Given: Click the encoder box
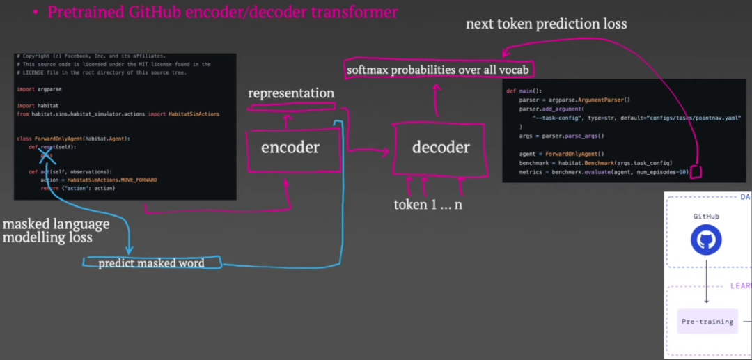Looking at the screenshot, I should pyautogui.click(x=290, y=147).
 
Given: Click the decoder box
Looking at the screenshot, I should pyautogui.click(x=440, y=147).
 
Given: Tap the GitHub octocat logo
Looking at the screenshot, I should pyautogui.click(x=706, y=240).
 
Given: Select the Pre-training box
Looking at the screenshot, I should pyautogui.click(x=707, y=322).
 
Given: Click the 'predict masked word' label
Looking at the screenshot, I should pyautogui.click(x=151, y=263).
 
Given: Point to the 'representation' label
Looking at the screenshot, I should pyautogui.click(x=291, y=93).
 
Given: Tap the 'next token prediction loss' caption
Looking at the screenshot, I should pyautogui.click(x=546, y=24).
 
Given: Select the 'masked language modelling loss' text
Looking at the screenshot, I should pyautogui.click(x=56, y=230).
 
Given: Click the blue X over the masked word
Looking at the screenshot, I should pyautogui.click(x=45, y=157).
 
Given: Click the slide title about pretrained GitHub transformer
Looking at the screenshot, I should pyautogui.click(x=223, y=11).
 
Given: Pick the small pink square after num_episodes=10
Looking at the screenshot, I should pyautogui.click(x=696, y=172).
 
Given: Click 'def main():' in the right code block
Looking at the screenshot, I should pyautogui.click(x=524, y=91).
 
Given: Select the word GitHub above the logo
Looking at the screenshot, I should pyautogui.click(x=706, y=217).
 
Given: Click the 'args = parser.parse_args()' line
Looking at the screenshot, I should pyautogui.click(x=562, y=136).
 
